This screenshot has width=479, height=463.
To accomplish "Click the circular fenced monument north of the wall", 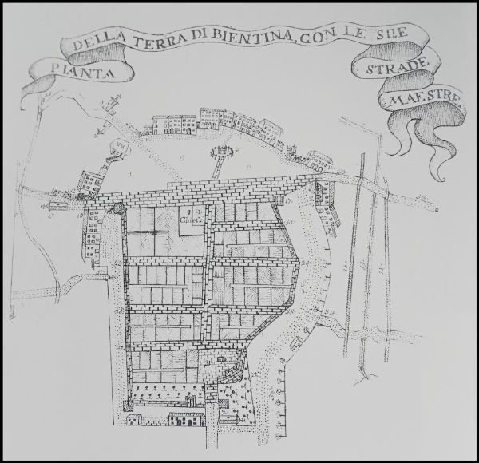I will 220,151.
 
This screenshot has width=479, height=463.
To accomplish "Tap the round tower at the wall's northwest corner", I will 119,208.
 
